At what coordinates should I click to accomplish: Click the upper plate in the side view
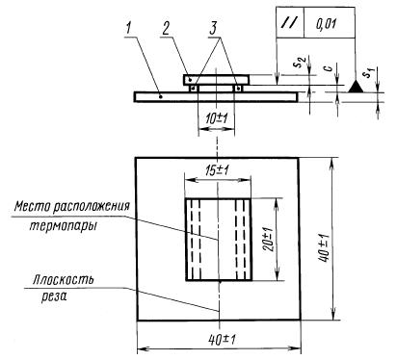coord(217,77)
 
